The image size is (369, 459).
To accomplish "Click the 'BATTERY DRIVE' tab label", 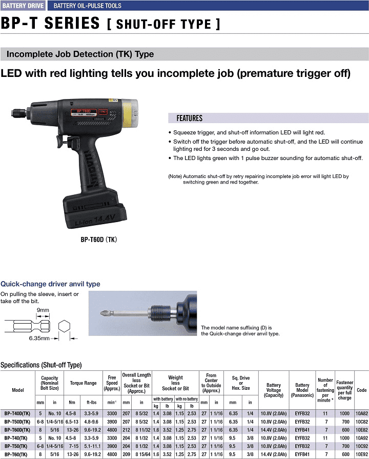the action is (x=23, y=6).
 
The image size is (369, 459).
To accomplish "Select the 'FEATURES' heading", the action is (x=189, y=118).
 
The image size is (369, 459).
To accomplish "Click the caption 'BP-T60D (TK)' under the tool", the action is (x=98, y=240).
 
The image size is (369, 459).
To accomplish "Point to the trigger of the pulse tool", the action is (x=60, y=143).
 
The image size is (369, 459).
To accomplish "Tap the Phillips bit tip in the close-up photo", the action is (x=104, y=314).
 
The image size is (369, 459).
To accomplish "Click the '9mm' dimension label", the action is (x=43, y=310).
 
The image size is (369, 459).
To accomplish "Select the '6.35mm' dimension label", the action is (x=39, y=338).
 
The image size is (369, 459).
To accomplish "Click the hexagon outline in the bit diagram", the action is (x=64, y=326).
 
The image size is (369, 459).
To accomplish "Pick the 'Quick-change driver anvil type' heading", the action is (x=50, y=284).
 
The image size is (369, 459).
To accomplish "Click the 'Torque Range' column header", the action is (x=83, y=383).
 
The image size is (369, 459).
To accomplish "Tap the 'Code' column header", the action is (x=361, y=390).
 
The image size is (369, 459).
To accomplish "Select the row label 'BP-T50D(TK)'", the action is (x=17, y=422).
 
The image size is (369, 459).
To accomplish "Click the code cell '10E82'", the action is (x=362, y=430).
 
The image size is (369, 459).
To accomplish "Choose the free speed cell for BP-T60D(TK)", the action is (x=112, y=430).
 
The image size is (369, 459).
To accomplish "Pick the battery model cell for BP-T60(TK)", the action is (x=302, y=454).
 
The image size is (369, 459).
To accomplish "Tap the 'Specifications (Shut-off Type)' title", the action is (x=41, y=365).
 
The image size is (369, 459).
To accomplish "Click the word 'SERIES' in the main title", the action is (x=72, y=23).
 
